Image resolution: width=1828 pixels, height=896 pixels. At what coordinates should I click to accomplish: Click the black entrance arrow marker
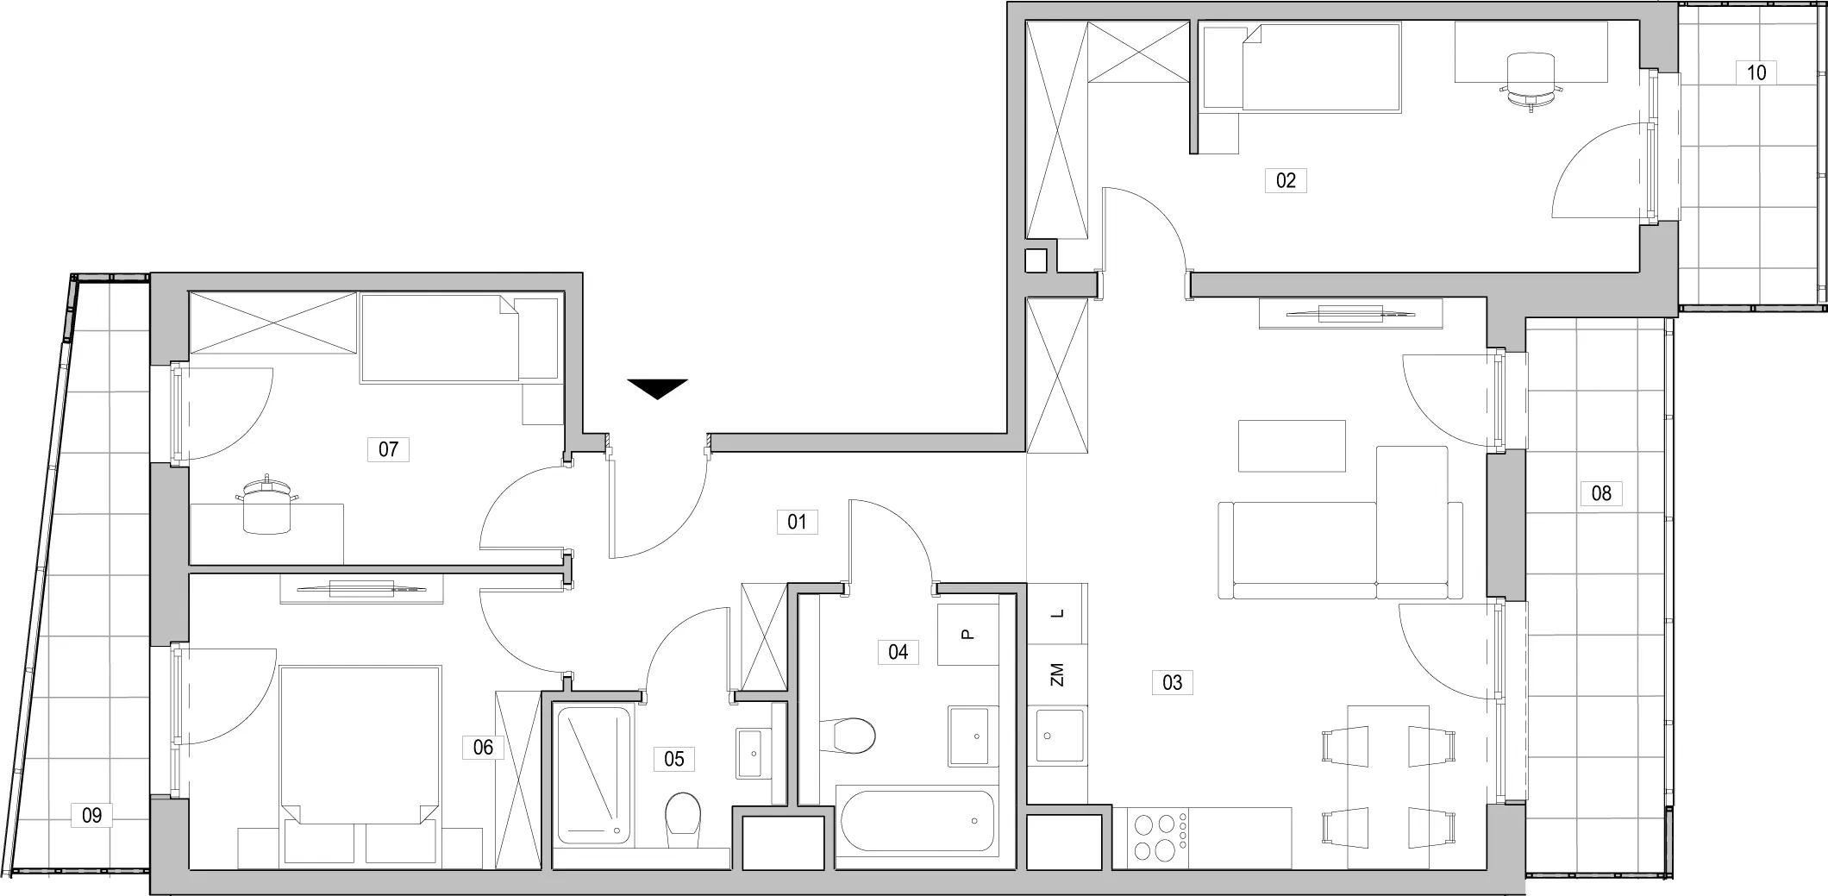(x=657, y=388)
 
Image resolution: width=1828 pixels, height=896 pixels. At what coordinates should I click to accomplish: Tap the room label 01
(x=797, y=522)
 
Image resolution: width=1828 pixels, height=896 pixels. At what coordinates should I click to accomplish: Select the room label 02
(x=1286, y=180)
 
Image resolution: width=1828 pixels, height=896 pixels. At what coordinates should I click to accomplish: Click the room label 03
(x=1173, y=683)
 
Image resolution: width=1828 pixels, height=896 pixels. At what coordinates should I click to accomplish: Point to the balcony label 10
(x=1756, y=72)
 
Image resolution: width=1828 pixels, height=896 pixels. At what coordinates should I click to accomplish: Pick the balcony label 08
(x=1601, y=493)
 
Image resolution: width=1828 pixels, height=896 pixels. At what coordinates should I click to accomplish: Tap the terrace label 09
(x=91, y=815)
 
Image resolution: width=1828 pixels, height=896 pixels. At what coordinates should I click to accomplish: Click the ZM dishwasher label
(x=1058, y=674)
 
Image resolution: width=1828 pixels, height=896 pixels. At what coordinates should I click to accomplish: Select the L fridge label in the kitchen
(x=1058, y=614)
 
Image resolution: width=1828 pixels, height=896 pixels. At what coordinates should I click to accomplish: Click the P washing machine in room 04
(x=967, y=635)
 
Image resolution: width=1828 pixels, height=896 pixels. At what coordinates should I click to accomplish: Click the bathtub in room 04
(x=917, y=820)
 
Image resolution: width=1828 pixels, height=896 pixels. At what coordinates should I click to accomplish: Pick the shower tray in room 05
(x=594, y=774)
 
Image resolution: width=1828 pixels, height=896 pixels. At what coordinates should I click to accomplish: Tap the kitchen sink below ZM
(x=1060, y=736)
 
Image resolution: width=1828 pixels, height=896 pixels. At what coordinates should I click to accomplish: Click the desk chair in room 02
(x=1531, y=79)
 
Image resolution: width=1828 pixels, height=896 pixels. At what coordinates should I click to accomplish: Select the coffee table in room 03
(x=1292, y=446)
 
